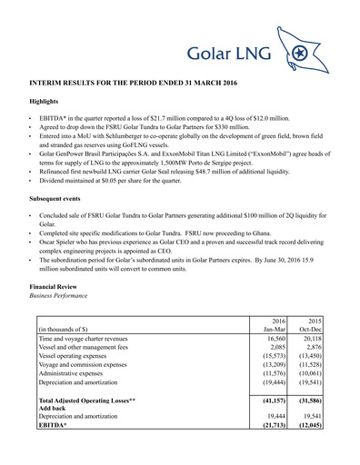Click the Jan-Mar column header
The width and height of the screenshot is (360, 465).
274,330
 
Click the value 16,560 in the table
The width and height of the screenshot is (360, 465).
274,341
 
